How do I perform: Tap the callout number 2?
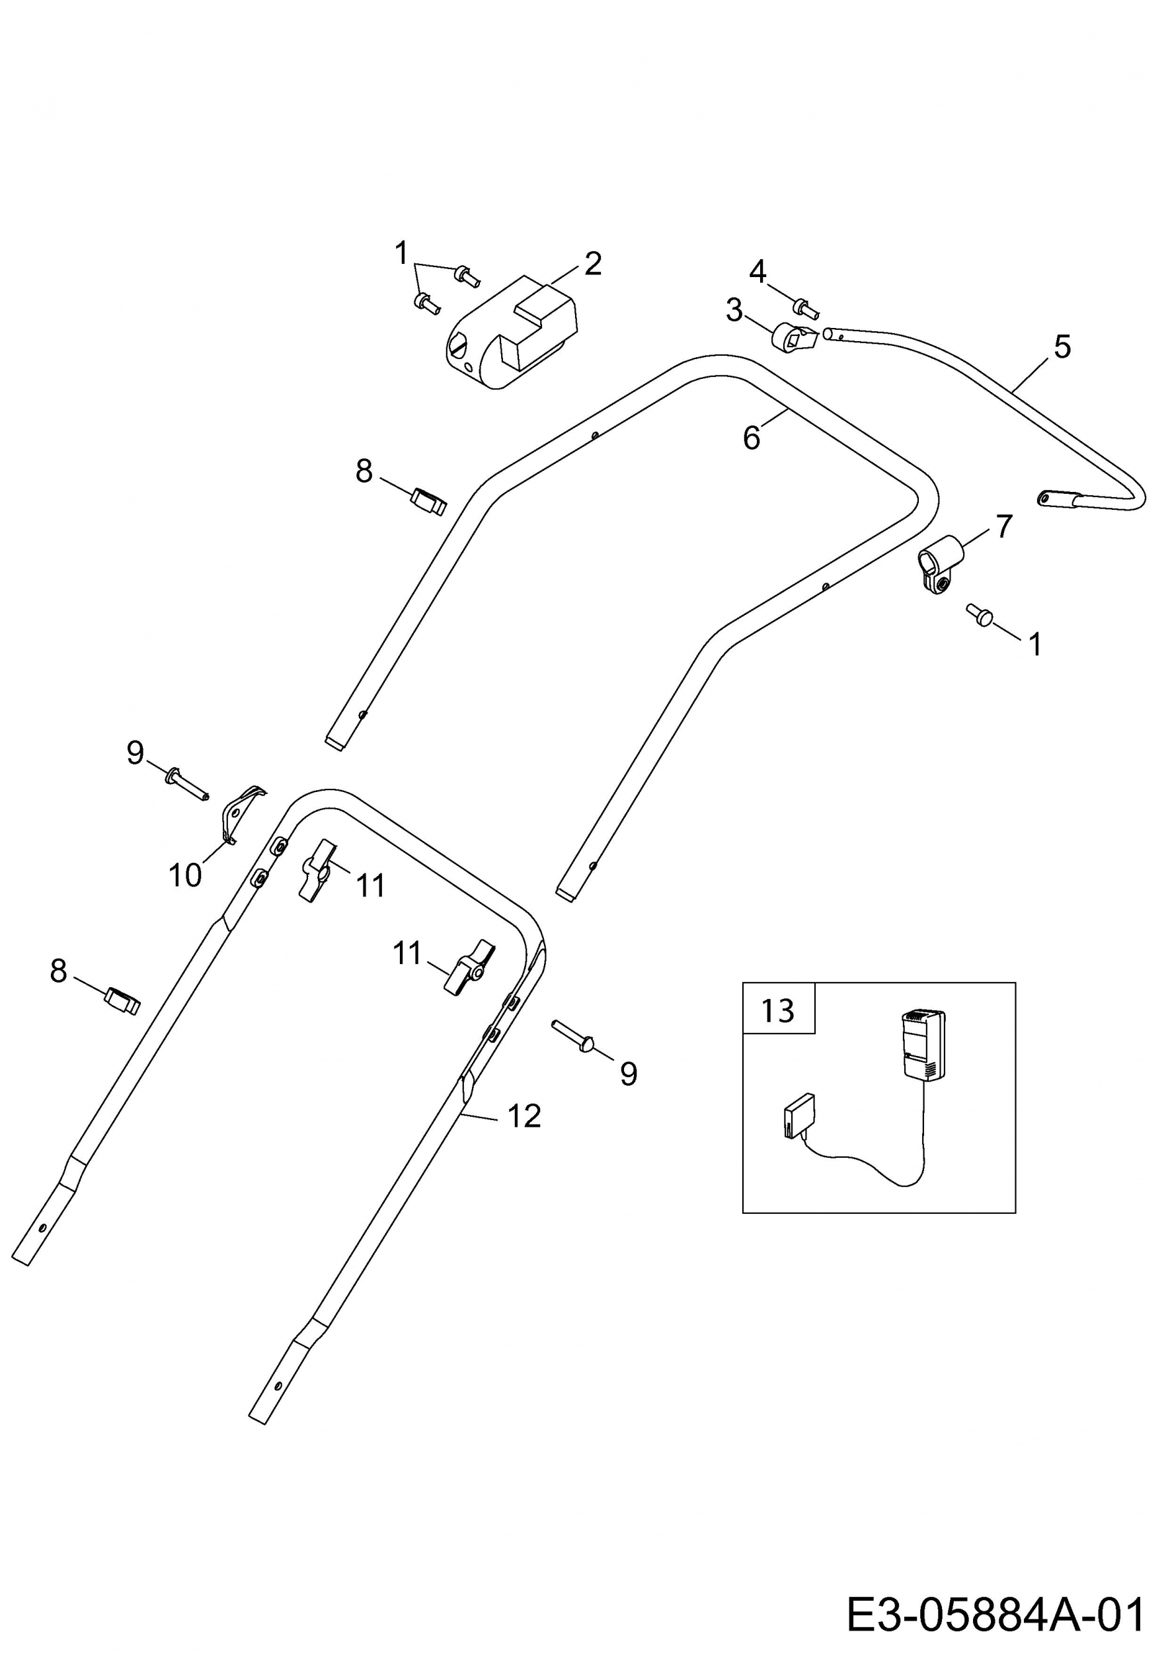click(593, 264)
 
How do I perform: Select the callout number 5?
click(1062, 346)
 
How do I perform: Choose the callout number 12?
click(524, 1116)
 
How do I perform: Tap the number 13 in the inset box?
click(778, 1011)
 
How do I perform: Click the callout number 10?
click(185, 875)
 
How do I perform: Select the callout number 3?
click(733, 310)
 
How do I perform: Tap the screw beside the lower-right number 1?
click(980, 614)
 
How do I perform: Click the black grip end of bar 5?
click(1056, 498)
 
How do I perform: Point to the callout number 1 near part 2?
click(402, 253)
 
